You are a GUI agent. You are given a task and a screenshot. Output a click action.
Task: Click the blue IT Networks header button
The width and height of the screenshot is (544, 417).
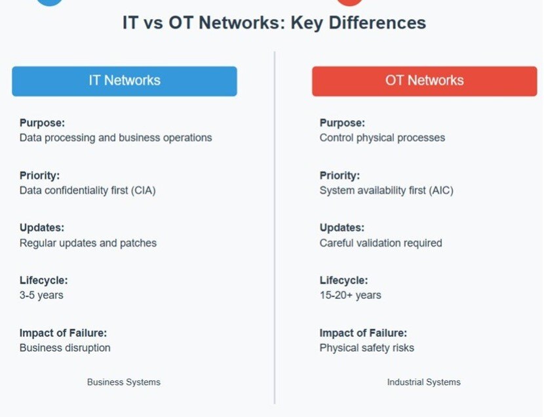[x=125, y=81]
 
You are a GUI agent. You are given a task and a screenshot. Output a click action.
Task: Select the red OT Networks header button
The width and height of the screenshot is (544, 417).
[x=424, y=81]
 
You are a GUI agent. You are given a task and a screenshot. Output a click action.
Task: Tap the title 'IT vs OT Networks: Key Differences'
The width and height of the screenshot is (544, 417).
[x=274, y=22]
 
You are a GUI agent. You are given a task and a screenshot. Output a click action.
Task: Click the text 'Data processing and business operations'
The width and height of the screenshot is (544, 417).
[x=115, y=138]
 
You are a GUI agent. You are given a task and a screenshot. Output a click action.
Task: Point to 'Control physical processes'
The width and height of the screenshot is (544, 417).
[x=382, y=138]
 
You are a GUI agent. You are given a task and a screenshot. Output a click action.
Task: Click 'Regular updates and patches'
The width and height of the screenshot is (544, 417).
[x=88, y=243]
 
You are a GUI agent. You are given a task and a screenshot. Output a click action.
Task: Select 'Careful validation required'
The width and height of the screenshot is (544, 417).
[x=381, y=243]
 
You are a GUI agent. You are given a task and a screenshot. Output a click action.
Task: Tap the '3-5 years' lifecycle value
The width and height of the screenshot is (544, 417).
[x=41, y=295]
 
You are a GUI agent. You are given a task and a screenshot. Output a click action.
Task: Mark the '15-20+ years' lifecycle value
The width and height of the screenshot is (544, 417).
[x=350, y=295]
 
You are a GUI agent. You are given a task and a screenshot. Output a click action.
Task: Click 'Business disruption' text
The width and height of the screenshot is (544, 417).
[x=65, y=347]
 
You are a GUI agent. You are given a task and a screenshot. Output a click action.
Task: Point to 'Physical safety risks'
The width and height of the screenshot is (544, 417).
[x=366, y=347]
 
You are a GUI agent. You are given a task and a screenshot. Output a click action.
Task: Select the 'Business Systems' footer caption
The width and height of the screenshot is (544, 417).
[x=124, y=382]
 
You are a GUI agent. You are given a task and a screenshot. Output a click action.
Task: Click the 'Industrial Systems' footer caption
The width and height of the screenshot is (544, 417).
[x=423, y=382]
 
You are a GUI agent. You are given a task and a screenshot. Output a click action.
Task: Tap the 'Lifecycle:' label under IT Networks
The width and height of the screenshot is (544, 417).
[x=43, y=280]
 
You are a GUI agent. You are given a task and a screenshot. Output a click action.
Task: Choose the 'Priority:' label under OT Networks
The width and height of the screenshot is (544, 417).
[x=339, y=175]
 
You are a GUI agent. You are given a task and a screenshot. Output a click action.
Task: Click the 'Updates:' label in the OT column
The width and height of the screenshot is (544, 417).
[x=341, y=228]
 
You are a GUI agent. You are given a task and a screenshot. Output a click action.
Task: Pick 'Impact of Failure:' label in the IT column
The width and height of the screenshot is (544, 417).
[x=63, y=332]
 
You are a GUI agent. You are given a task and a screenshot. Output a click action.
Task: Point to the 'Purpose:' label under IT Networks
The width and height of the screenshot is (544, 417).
[x=42, y=123]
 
